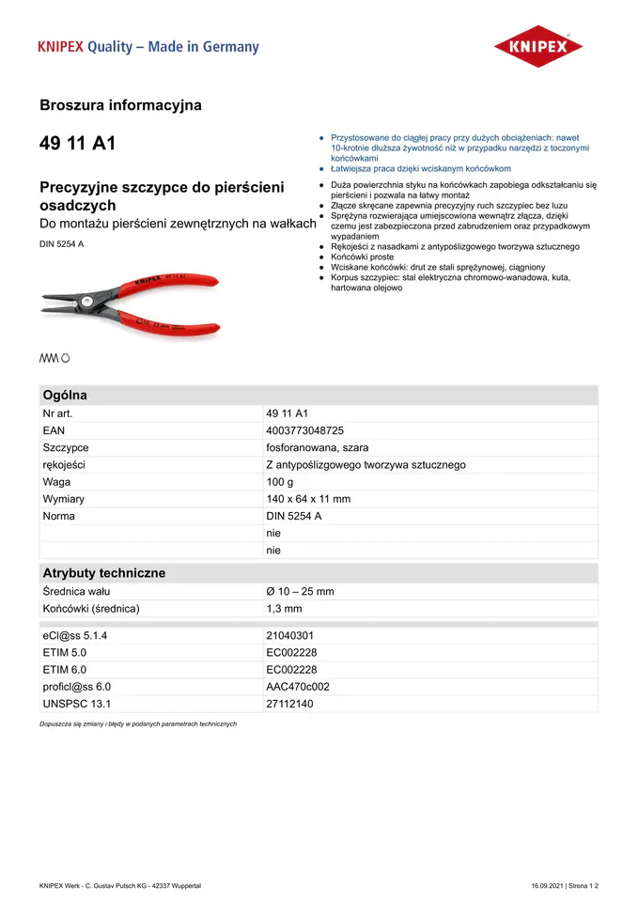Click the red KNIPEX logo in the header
(x=538, y=47)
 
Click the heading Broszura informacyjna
(x=120, y=105)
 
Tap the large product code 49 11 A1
(x=78, y=144)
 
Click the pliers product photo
(x=130, y=303)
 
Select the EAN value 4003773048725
(x=299, y=430)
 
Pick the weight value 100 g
(x=280, y=482)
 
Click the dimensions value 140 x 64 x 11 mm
(x=308, y=499)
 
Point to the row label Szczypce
(x=66, y=447)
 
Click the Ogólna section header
(x=65, y=396)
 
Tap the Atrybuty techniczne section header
(x=103, y=573)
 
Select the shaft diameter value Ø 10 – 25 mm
(x=300, y=592)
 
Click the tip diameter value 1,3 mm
(x=284, y=609)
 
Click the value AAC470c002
(x=298, y=687)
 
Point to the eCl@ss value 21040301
(x=290, y=636)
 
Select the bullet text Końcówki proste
(x=363, y=257)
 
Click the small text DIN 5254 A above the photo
(x=62, y=244)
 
